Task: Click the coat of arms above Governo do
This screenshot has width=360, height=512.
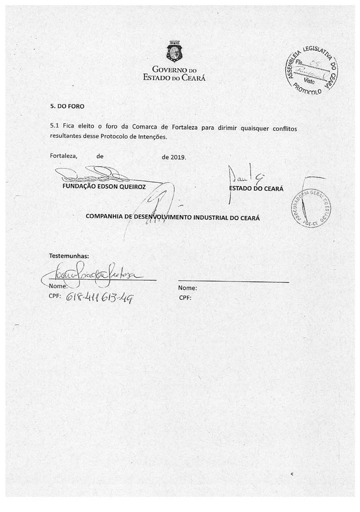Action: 174,52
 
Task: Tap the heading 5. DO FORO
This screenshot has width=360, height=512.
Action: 67,107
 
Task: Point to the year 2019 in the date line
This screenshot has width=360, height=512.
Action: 177,157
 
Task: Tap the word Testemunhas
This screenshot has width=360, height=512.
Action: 69,256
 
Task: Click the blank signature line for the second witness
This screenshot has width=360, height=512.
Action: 233,281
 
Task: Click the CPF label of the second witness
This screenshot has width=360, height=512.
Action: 185,298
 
